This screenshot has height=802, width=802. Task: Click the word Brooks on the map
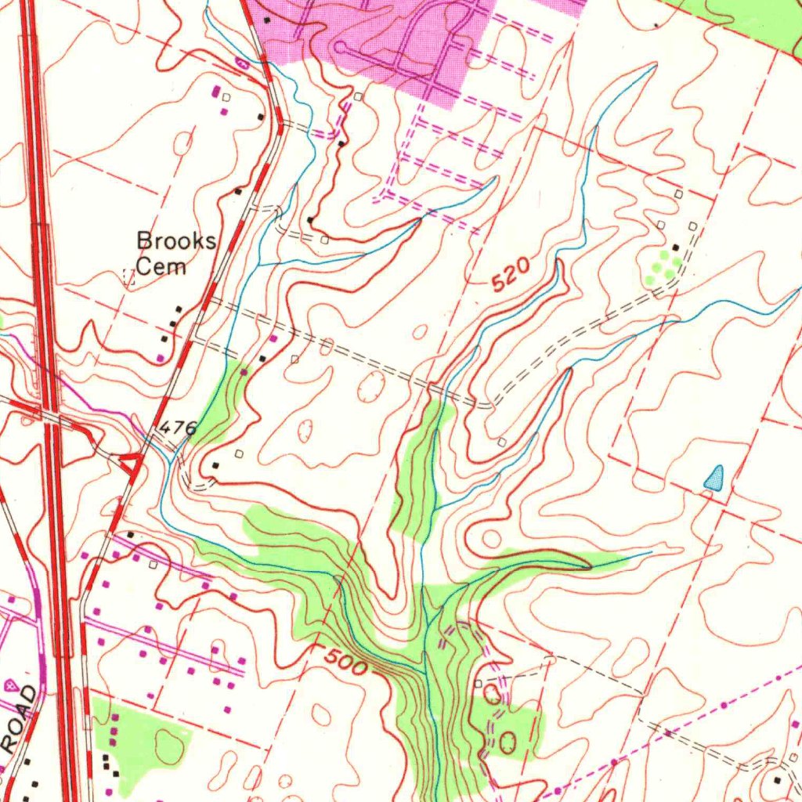176,240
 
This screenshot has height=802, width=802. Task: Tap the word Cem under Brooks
161,266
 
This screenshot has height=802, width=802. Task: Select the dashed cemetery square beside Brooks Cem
130,275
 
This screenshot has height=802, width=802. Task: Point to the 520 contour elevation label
512,275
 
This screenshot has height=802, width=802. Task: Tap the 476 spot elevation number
177,428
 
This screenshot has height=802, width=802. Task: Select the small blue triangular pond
713,478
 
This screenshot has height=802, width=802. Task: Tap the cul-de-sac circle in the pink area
339,48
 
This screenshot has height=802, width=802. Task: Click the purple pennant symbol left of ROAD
10,685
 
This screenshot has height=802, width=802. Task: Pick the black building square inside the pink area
268,18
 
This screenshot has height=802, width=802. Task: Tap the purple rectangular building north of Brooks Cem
216,92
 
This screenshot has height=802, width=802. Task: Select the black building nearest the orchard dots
675,247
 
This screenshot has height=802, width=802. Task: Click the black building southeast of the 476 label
216,466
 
